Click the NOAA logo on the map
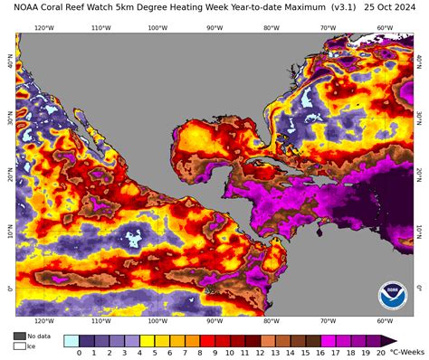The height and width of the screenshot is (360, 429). tap(393, 295)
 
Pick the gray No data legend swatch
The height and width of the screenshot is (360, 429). tap(19, 336)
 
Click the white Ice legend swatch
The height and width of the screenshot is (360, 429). tap(19, 346)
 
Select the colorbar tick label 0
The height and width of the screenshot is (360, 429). tap(80, 353)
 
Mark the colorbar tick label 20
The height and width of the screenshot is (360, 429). tap(380, 353)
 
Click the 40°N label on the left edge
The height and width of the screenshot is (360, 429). tap(9, 64)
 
